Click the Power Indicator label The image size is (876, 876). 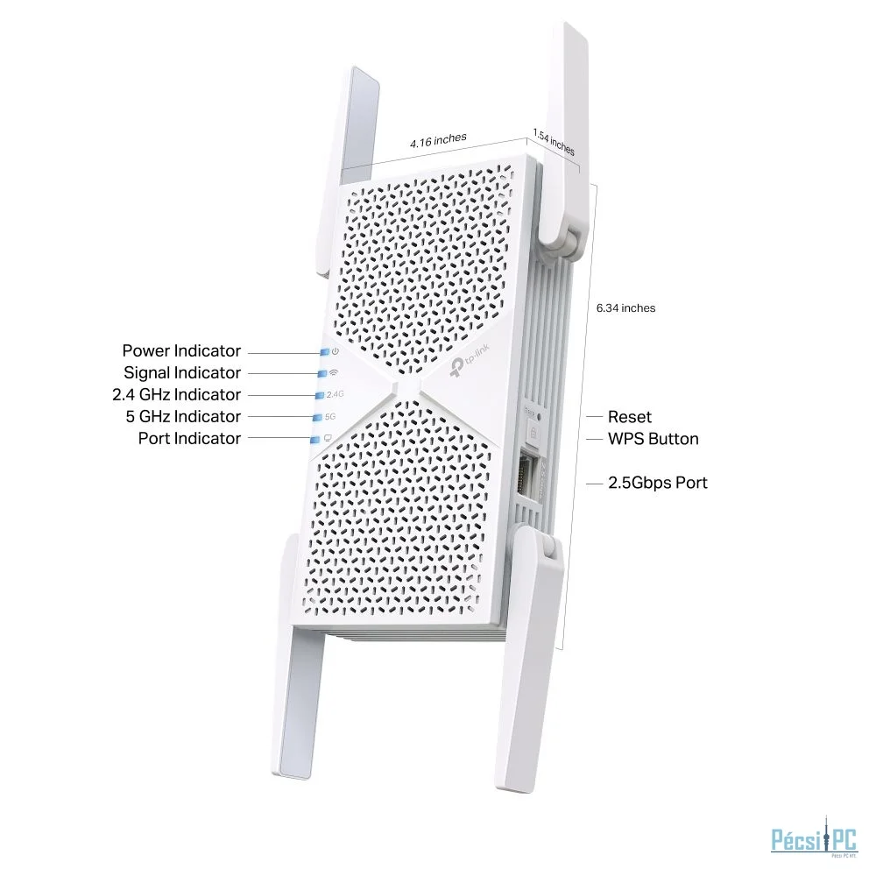pyautogui.click(x=181, y=351)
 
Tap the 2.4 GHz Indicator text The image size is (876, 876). pyautogui.click(x=175, y=395)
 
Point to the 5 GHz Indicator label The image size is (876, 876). pyautogui.click(x=183, y=417)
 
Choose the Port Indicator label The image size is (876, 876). pyautogui.click(x=189, y=439)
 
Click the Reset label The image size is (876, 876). pyautogui.click(x=630, y=418)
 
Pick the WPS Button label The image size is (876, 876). pyautogui.click(x=653, y=439)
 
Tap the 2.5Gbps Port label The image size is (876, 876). pyautogui.click(x=658, y=483)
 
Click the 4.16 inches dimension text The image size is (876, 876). pyautogui.click(x=438, y=140)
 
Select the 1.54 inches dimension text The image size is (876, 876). pyautogui.click(x=554, y=143)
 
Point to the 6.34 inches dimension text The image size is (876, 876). pyautogui.click(x=625, y=308)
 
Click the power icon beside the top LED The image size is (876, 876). pyautogui.click(x=335, y=351)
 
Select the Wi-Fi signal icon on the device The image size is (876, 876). pyautogui.click(x=334, y=373)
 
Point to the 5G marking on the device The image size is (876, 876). pyautogui.click(x=330, y=417)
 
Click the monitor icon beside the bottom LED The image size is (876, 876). pyautogui.click(x=328, y=438)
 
